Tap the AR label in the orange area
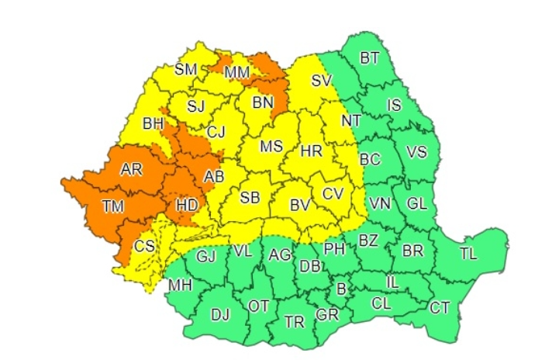[132, 170]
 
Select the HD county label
[188, 206]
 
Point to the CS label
[144, 246]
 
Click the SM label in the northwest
[186, 69]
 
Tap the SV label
[321, 80]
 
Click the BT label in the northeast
[370, 57]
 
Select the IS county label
[394, 105]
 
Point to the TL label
[468, 253]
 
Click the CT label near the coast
[440, 308]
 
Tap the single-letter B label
[339, 289]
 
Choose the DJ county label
[221, 314]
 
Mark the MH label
[180, 286]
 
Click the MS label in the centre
[271, 147]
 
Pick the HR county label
[311, 151]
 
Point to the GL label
[417, 204]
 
